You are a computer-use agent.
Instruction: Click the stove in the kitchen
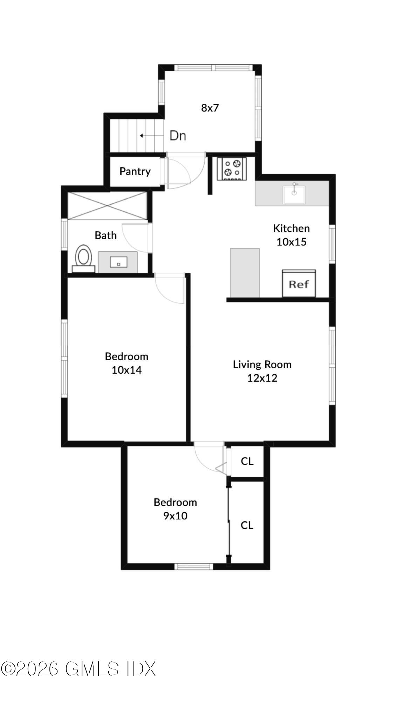pyautogui.click(x=232, y=169)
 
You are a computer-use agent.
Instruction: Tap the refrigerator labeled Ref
pyautogui.click(x=299, y=283)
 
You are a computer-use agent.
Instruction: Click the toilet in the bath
pyautogui.click(x=84, y=258)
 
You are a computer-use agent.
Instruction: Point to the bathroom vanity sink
pyautogui.click(x=118, y=262)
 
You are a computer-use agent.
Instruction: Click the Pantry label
pyautogui.click(x=135, y=171)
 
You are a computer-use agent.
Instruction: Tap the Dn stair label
pyautogui.click(x=178, y=136)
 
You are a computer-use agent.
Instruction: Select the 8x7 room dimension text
pyautogui.click(x=210, y=108)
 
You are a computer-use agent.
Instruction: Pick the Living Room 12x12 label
pyautogui.click(x=262, y=371)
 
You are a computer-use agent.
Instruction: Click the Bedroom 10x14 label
pyautogui.click(x=126, y=363)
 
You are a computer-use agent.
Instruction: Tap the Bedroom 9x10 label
pyautogui.click(x=175, y=509)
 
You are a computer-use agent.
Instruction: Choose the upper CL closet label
pyautogui.click(x=247, y=461)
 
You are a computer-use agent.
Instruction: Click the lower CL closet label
pyautogui.click(x=247, y=525)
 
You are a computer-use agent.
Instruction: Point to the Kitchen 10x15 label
pyautogui.click(x=292, y=235)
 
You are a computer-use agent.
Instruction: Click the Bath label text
pyautogui.click(x=105, y=235)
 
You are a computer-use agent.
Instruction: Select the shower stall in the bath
pyautogui.click(x=107, y=206)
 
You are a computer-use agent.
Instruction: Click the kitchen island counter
pyautogui.click(x=245, y=273)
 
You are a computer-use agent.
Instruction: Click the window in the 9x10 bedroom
pyautogui.click(x=194, y=566)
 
